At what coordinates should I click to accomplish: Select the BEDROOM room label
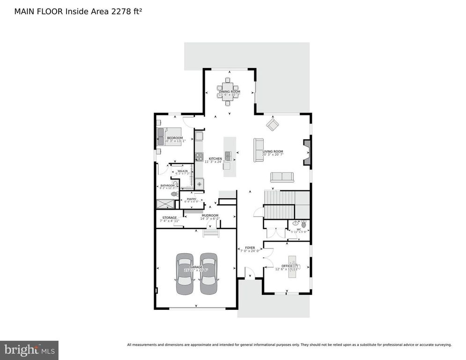coord(175,138)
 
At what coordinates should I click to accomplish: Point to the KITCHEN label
coord(215,159)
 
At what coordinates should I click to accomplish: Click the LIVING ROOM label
coord(273,151)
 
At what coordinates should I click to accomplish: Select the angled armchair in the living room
coord(272,124)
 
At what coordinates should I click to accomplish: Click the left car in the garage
coord(184,274)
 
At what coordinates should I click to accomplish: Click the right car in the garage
coord(208,274)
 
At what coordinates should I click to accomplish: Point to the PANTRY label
coord(192,199)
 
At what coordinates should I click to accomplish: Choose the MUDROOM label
coord(210,216)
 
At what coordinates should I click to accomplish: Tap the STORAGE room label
coord(170,218)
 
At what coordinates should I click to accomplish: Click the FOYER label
coord(250,248)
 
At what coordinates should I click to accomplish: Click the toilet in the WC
coord(303,225)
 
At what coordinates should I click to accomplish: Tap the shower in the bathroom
coord(164,204)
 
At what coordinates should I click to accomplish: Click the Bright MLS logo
coord(29,350)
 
